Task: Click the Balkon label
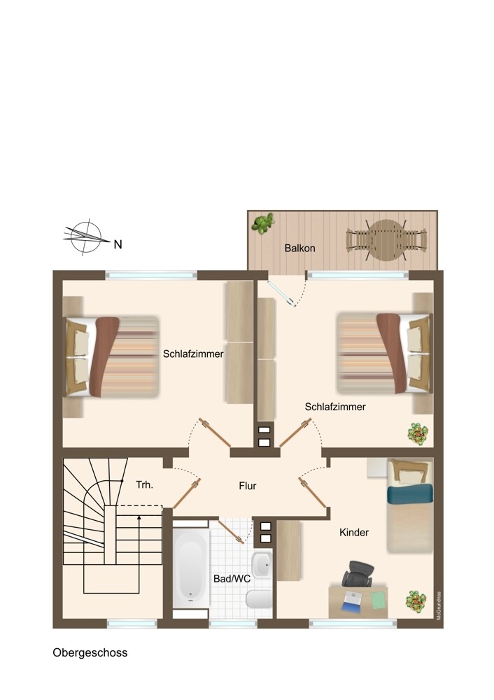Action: click(x=300, y=248)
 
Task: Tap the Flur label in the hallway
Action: click(x=248, y=486)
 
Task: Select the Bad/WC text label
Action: click(x=232, y=579)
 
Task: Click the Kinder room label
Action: click(x=354, y=532)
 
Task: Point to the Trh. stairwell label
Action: click(x=145, y=484)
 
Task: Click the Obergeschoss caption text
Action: click(x=90, y=652)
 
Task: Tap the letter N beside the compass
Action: click(x=118, y=244)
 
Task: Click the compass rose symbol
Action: click(x=85, y=238)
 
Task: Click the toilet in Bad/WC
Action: click(x=259, y=598)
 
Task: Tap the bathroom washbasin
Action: click(x=262, y=564)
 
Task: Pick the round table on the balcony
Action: click(x=386, y=241)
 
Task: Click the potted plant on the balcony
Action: click(x=262, y=223)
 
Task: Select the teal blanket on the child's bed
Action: click(x=410, y=493)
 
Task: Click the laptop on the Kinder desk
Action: click(x=354, y=601)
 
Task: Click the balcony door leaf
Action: click(x=281, y=294)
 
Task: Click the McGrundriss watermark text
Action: click(x=439, y=605)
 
